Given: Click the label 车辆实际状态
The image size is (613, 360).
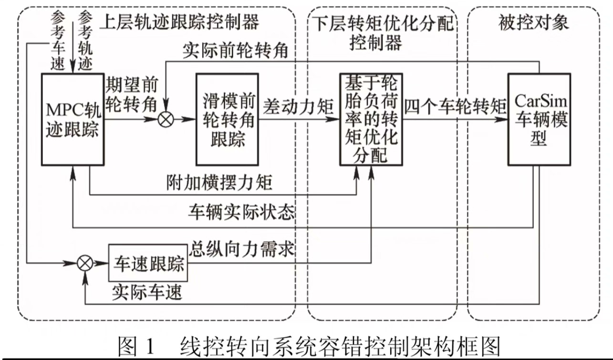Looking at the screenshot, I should [241, 212].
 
